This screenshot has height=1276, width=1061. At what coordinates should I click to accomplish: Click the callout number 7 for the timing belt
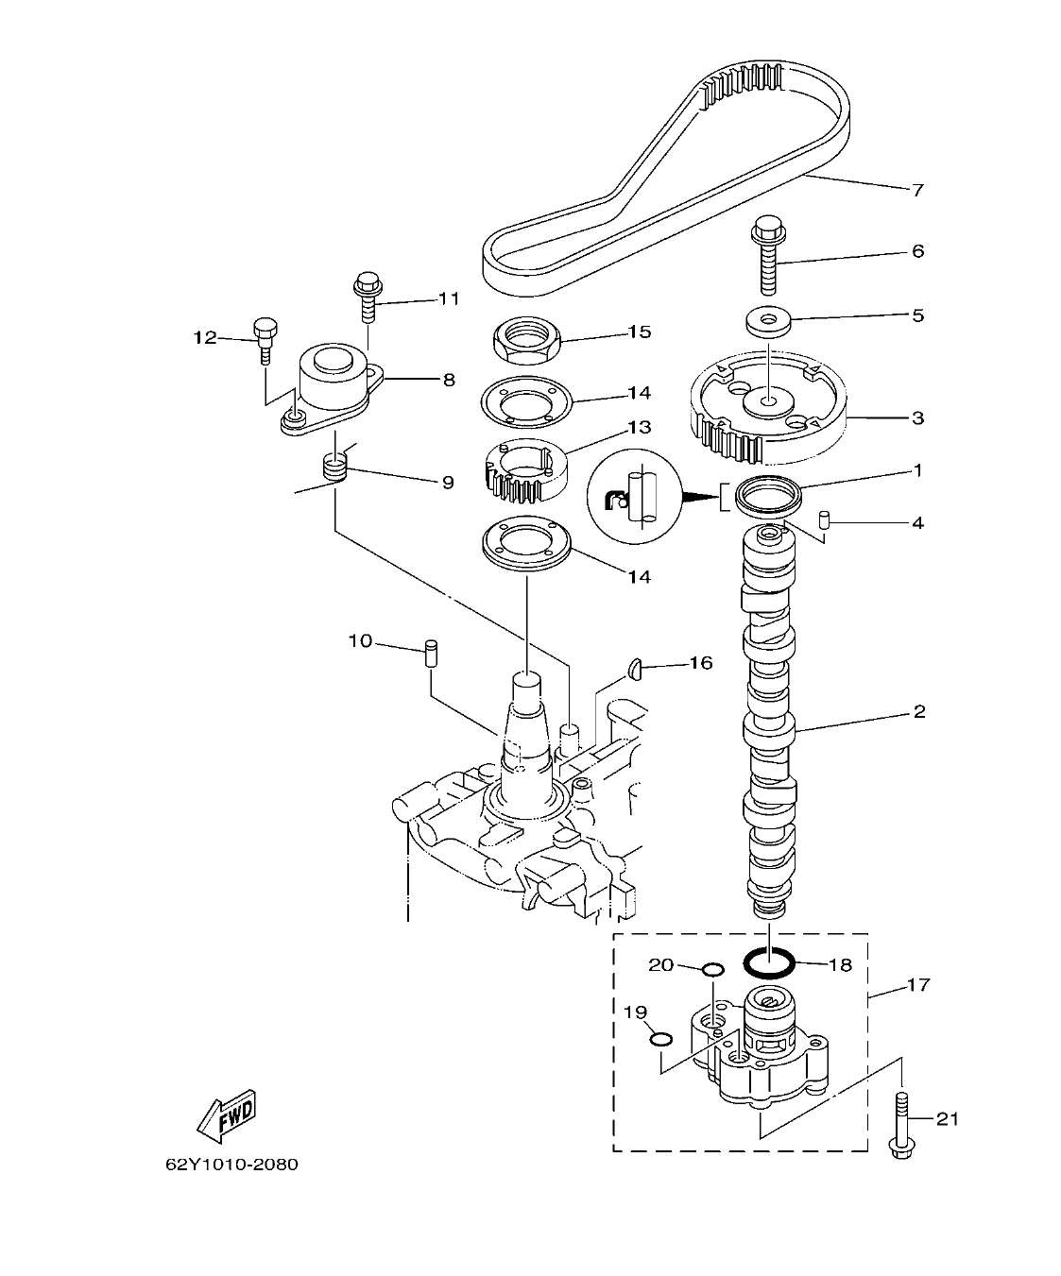click(916, 190)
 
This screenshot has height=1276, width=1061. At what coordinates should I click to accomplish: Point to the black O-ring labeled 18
click(767, 963)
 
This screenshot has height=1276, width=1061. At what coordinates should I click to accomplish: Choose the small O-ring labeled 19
click(661, 1039)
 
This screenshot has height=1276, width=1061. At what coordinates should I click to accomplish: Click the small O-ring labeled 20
click(713, 969)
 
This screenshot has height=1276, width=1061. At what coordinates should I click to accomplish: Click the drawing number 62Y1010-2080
click(231, 1165)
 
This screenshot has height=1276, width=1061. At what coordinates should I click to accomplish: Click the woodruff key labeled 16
click(635, 670)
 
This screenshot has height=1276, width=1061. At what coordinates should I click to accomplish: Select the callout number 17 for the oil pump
click(917, 985)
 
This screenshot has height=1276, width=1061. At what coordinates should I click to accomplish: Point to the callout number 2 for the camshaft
click(917, 711)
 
